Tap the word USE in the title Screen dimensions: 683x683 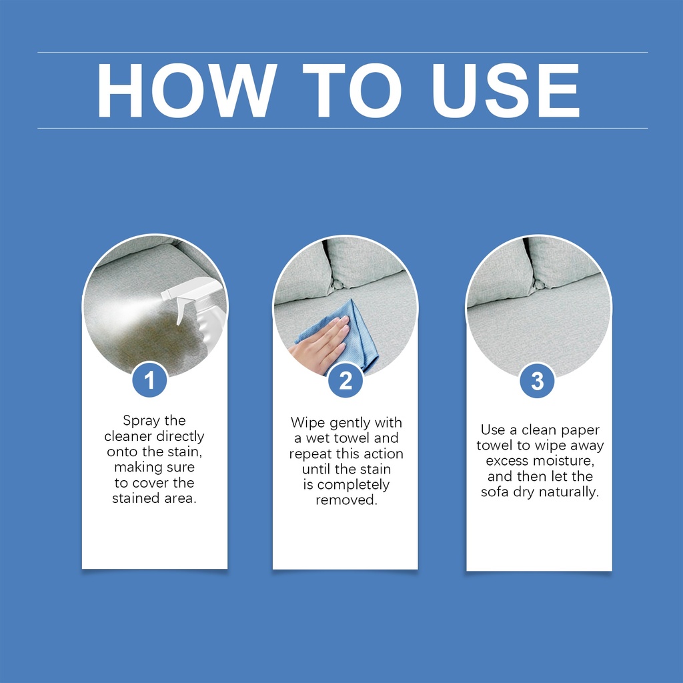(506, 91)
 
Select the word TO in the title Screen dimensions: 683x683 (352, 91)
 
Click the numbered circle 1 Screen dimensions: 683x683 (149, 380)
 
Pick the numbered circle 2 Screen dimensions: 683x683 (346, 381)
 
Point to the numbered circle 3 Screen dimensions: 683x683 (538, 381)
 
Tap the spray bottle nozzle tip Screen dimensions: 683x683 (162, 295)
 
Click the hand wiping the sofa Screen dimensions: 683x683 (319, 344)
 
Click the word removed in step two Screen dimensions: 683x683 (346, 500)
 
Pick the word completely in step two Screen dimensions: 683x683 (354, 485)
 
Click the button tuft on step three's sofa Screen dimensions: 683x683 (539, 284)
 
